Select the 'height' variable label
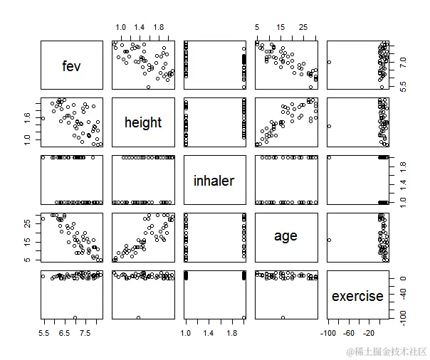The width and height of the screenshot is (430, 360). pos(143,123)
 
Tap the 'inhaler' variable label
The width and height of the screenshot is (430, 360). pos(214,181)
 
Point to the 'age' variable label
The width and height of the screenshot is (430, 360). pos(285,236)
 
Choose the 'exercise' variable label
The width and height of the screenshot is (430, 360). pos(357,295)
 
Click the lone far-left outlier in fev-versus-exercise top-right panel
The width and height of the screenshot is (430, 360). pos(330,63)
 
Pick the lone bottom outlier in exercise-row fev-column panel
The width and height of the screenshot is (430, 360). pos(75,317)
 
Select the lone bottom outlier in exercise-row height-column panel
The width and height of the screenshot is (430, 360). pos(138,317)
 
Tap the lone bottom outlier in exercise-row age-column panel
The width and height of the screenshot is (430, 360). pos(283,317)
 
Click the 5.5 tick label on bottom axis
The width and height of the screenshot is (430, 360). pos(44,333)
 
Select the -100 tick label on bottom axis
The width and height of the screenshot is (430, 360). pos(328,333)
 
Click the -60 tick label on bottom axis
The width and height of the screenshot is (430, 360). pos(350,333)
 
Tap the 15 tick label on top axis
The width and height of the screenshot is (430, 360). pos(280,27)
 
